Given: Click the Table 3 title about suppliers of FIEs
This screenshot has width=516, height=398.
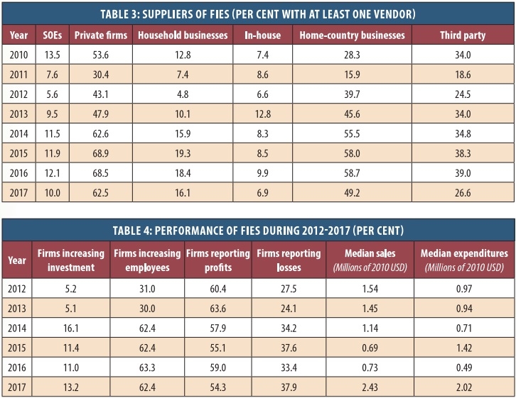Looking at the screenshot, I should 258,12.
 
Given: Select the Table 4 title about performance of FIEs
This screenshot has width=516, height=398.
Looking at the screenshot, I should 258,229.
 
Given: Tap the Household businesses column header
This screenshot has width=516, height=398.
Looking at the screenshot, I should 183,35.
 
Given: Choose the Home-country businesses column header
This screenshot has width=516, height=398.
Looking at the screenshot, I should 352,35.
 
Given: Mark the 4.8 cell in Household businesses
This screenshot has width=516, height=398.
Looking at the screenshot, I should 183,93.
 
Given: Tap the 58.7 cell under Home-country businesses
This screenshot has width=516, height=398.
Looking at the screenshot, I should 352,172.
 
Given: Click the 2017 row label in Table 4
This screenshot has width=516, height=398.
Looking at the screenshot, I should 17,388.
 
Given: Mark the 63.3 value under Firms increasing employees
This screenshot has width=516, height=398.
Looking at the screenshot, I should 144,368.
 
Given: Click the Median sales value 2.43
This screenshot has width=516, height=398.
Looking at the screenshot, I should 364,388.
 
